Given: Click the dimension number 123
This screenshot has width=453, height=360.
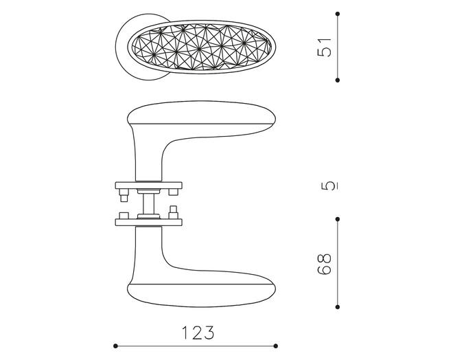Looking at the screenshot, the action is pyautogui.click(x=198, y=333).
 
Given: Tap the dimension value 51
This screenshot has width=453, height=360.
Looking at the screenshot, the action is pyautogui.click(x=324, y=47).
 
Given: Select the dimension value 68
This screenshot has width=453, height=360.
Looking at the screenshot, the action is pyautogui.click(x=324, y=264).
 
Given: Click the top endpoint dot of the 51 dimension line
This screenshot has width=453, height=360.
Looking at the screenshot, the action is pyautogui.click(x=338, y=14).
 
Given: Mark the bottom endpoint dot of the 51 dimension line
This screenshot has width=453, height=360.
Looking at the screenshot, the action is pyautogui.click(x=338, y=80).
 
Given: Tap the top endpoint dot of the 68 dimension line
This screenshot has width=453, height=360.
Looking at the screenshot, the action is pyautogui.click(x=338, y=219).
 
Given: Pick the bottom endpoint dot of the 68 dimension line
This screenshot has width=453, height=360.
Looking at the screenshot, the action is pyautogui.click(x=338, y=307).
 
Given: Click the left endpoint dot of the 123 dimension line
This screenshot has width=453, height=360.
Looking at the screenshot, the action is pyautogui.click(x=115, y=346).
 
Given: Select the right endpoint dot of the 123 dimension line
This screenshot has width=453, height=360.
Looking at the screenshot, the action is pyautogui.click(x=276, y=346).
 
